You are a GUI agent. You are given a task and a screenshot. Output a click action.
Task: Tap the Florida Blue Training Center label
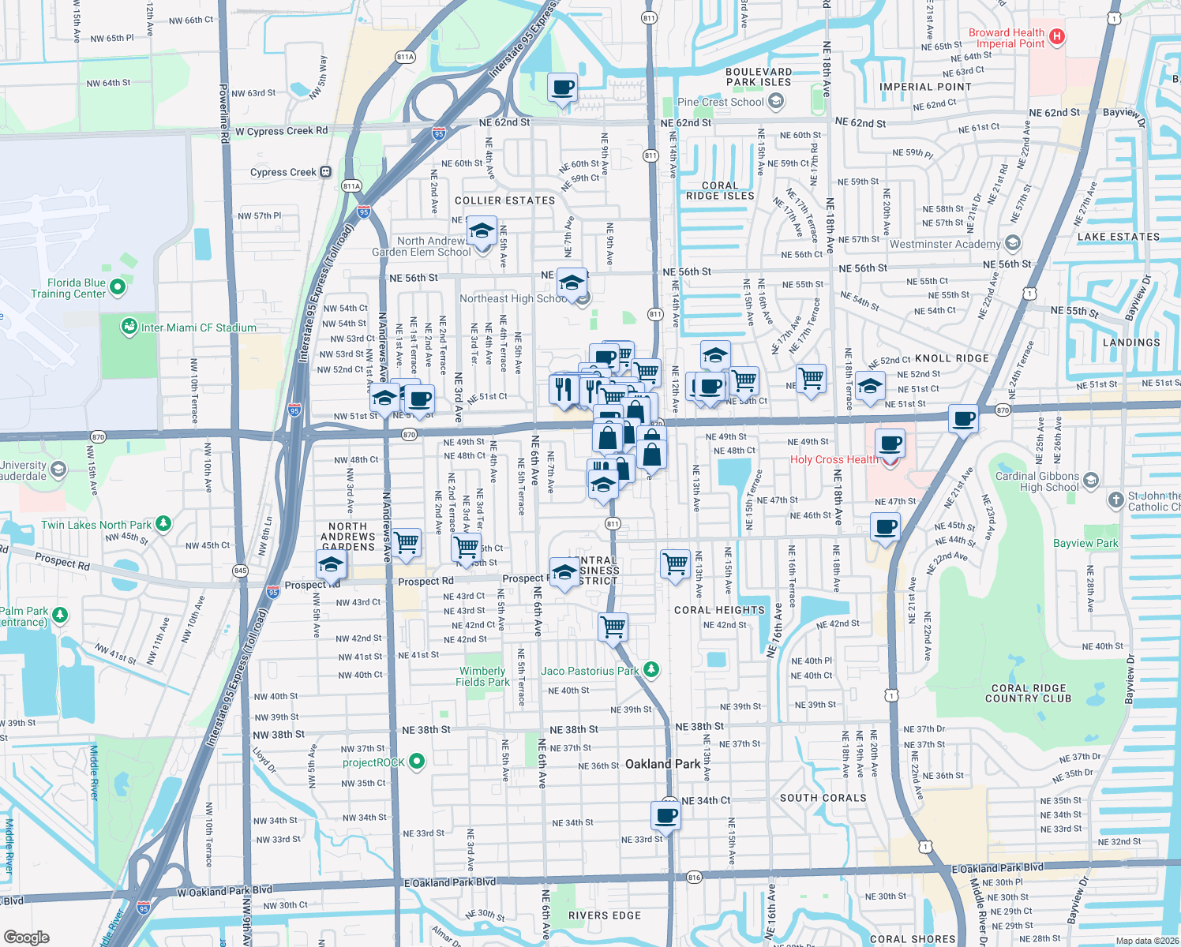(68, 288)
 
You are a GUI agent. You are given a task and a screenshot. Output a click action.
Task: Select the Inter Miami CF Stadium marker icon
(129, 327)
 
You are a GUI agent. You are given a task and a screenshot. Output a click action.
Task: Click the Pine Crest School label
(720, 102)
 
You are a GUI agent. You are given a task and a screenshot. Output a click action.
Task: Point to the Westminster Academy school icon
(1013, 243)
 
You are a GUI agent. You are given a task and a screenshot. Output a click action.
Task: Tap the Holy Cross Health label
(834, 459)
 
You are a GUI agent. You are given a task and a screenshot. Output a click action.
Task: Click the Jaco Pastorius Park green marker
(650, 670)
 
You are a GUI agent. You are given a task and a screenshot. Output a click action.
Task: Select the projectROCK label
(373, 762)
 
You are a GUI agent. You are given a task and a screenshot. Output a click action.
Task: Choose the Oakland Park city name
(662, 764)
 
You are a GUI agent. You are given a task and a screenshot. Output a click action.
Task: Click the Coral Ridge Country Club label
(1028, 693)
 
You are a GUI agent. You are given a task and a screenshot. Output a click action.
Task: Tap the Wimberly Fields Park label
(482, 676)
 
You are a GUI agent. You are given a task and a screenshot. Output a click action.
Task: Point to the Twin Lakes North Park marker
(163, 523)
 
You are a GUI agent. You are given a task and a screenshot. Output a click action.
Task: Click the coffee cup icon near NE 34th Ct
(665, 816)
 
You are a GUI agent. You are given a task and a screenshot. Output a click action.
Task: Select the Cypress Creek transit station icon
(325, 172)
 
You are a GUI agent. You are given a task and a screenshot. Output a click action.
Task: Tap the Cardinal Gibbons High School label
(1037, 481)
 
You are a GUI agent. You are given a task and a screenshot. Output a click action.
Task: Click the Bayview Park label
(1085, 543)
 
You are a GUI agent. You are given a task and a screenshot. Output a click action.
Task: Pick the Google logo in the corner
(27, 937)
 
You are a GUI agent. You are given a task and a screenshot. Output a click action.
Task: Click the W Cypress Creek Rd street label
(281, 131)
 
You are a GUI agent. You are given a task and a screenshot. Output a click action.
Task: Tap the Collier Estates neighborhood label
(504, 200)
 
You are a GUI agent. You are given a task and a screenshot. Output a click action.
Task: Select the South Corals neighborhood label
(823, 798)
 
